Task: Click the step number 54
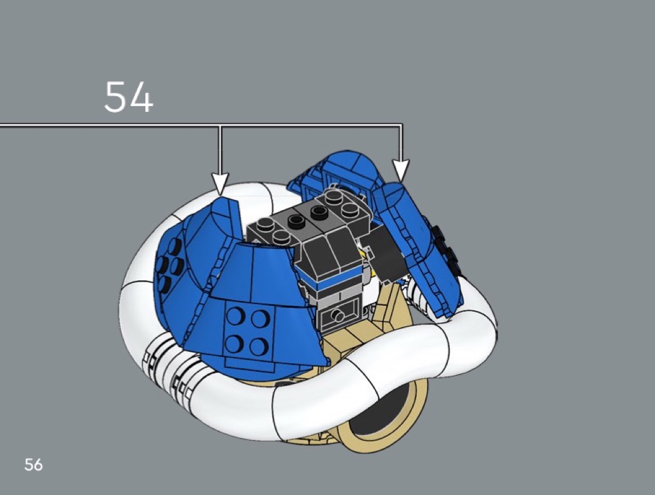point(129,97)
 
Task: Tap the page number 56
point(34,464)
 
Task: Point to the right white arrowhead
point(400,170)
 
